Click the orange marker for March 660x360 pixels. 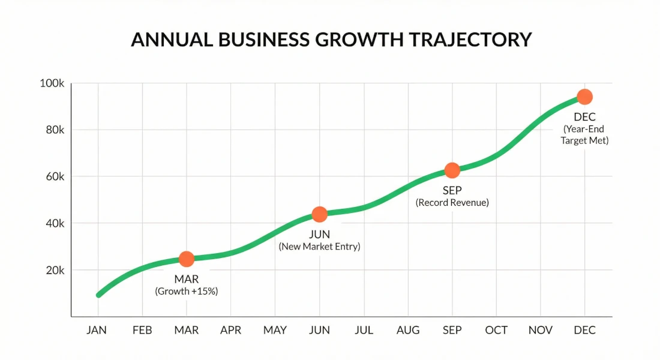coord(187,259)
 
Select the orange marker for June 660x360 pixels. coord(320,214)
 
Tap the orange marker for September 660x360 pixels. coord(452,170)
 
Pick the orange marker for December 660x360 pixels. coord(584,97)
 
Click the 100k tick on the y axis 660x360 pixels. coord(52,83)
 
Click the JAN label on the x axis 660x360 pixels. coord(98,331)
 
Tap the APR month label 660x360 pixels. coord(231,331)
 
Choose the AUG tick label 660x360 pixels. coord(408,331)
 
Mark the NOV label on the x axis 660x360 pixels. coord(540,331)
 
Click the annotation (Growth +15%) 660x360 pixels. coord(187,292)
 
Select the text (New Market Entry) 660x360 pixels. coord(320,247)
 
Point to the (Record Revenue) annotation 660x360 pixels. coord(452,203)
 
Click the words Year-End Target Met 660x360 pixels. coord(584,135)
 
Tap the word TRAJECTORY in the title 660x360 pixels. coord(470,40)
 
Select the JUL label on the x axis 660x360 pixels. coord(364,331)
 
